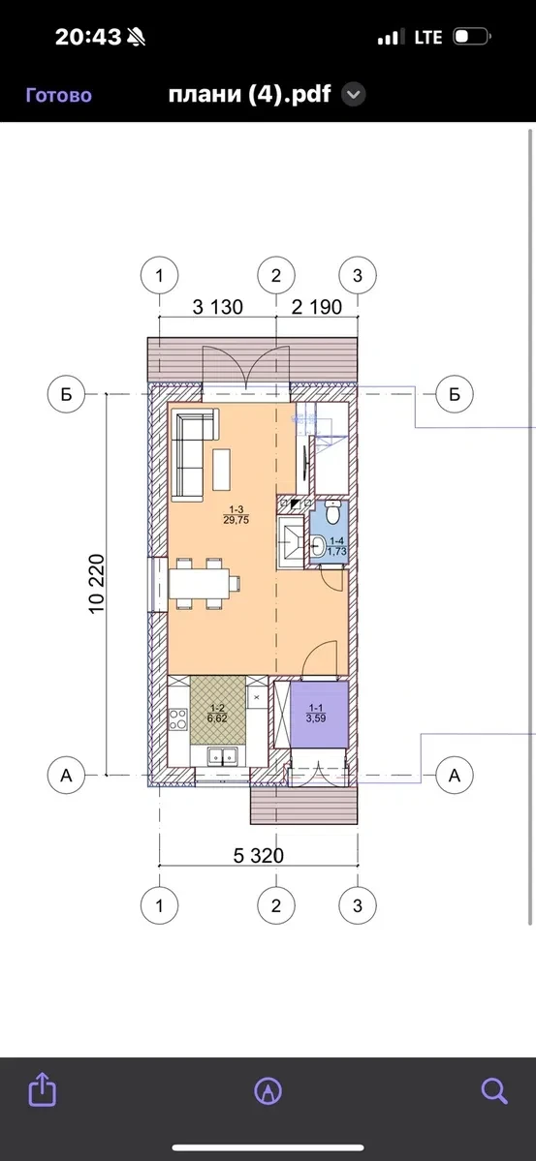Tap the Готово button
coord(59,95)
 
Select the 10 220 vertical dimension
coord(96,584)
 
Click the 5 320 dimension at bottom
coord(259,855)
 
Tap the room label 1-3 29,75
coord(236,514)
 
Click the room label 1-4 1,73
coord(338,546)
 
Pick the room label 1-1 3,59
coord(317,713)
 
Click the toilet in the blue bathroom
coord(333,512)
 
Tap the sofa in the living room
coord(194,454)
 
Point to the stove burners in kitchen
coord(178,718)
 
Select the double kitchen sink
coord(222,756)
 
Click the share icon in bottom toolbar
coord(43,1090)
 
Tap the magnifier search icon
coord(493,1090)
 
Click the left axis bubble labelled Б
coord(67,394)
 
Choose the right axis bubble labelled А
coord(455,776)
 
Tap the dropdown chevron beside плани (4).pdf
coord(355,95)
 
